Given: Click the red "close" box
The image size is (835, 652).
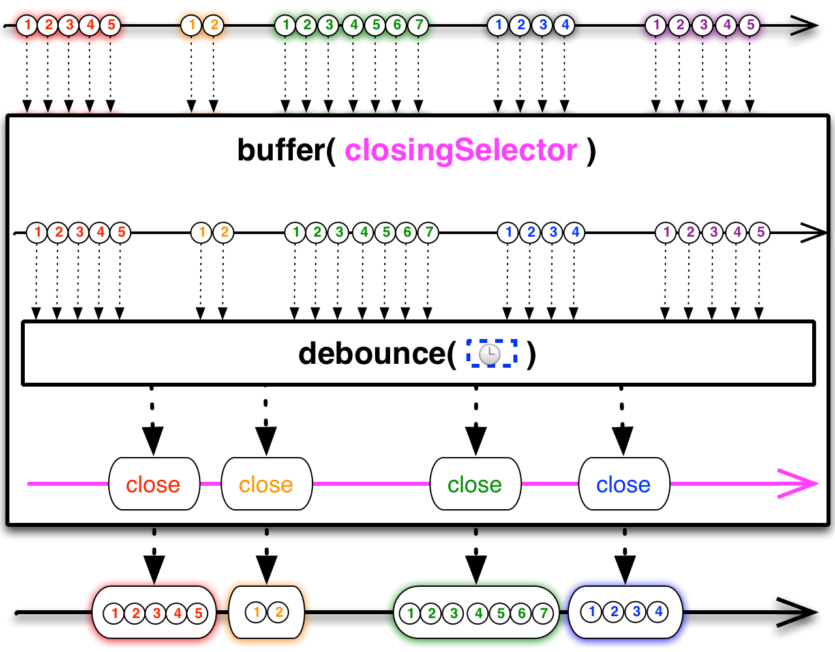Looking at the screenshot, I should click(153, 484).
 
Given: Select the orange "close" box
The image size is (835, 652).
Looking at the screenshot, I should click(266, 484).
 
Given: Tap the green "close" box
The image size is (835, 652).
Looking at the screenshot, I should click(475, 484).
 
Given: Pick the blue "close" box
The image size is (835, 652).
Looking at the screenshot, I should click(624, 484).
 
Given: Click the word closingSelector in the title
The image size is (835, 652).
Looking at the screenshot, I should click(461, 151).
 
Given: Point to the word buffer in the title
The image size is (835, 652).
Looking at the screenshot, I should click(281, 151).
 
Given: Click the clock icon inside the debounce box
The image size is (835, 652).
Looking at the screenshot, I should click(490, 354).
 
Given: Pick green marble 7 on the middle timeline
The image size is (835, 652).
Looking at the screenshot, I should click(428, 232).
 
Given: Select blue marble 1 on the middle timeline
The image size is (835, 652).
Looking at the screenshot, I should click(508, 232).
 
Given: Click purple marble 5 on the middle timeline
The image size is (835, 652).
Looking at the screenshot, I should click(759, 232).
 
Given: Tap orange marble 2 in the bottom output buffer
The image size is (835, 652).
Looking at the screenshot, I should click(279, 612).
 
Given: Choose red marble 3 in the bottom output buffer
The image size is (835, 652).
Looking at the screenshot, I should click(156, 613).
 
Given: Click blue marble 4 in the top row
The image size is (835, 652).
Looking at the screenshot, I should click(564, 25).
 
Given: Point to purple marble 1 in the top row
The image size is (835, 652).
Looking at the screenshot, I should click(656, 25).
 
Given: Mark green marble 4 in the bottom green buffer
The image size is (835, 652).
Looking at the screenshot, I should click(478, 613).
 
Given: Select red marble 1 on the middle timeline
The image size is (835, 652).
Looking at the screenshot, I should click(37, 232).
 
